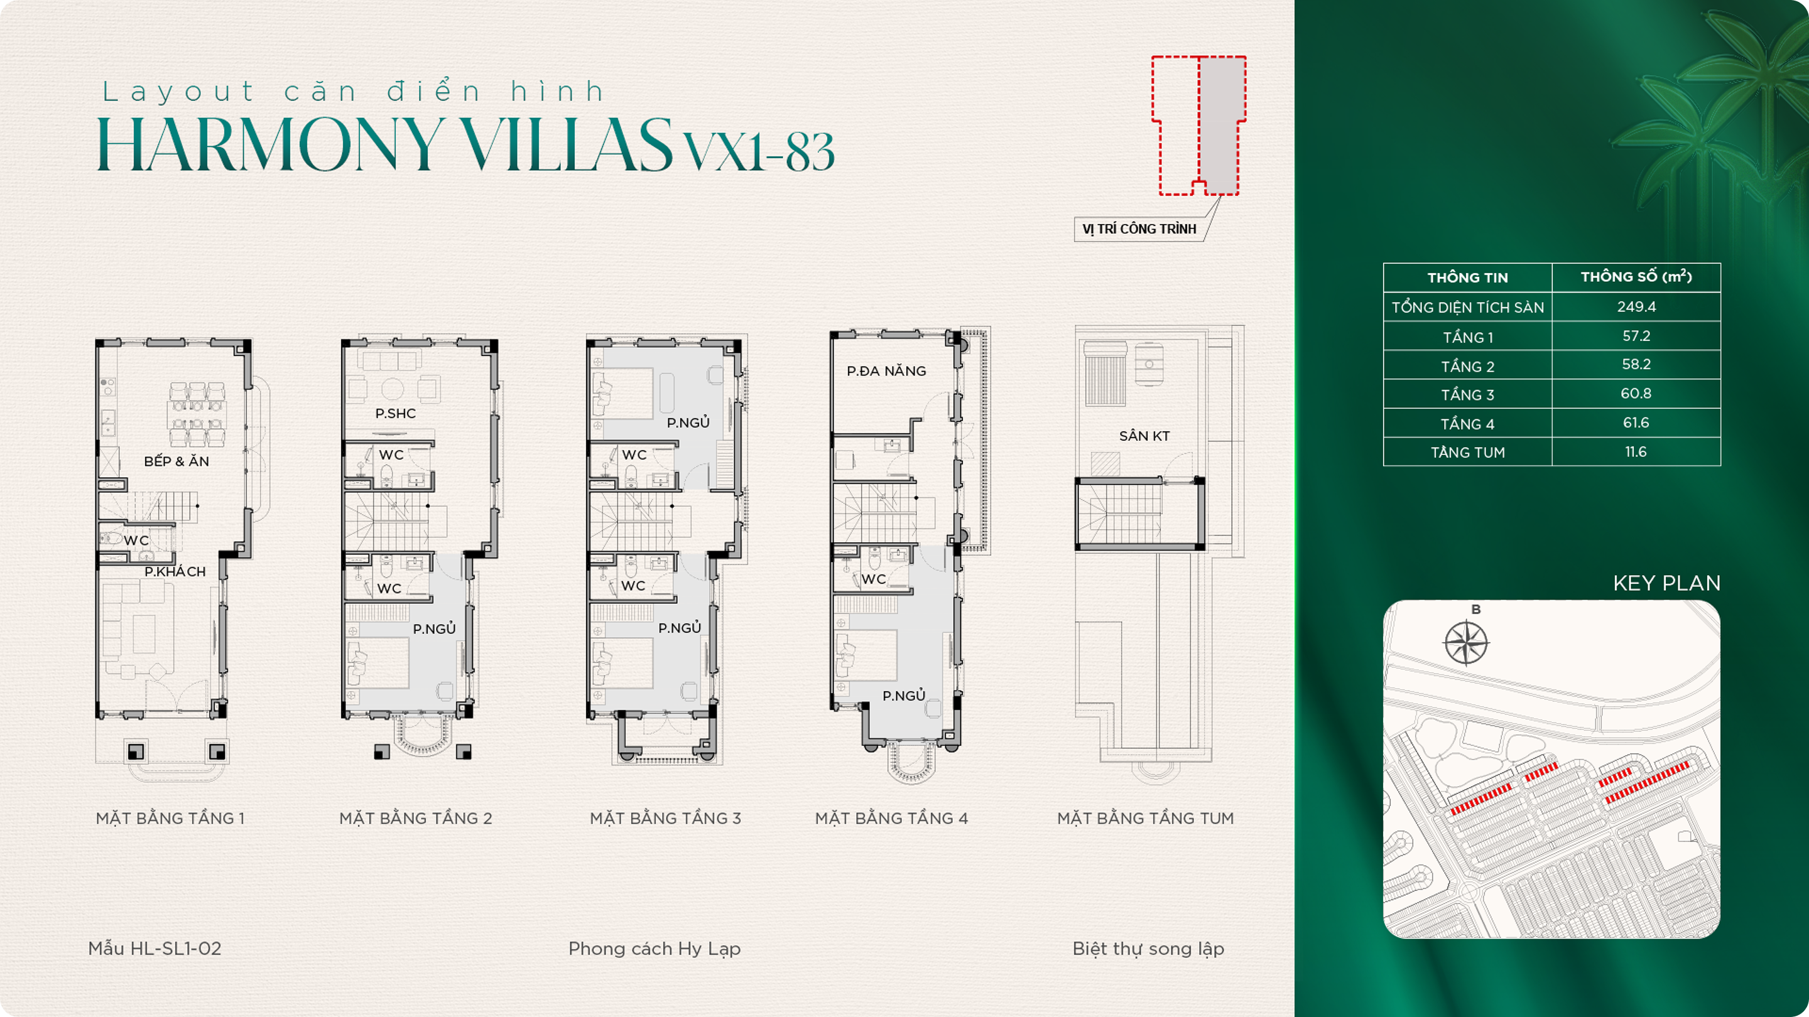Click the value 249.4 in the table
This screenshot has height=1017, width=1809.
click(x=1636, y=307)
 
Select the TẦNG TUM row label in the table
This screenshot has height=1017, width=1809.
click(x=1468, y=453)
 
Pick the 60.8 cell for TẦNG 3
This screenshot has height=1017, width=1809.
click(x=1636, y=394)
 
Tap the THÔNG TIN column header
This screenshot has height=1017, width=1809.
click(x=1468, y=277)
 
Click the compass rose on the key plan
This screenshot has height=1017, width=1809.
click(x=1466, y=643)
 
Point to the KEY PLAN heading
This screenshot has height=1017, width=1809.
click(x=1666, y=583)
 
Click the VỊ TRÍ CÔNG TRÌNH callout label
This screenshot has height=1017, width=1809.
click(x=1139, y=229)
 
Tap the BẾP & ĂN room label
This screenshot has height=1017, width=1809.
click(x=177, y=461)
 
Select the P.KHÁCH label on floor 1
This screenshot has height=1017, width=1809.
click(x=175, y=571)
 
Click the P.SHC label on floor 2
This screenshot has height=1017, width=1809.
click(x=395, y=414)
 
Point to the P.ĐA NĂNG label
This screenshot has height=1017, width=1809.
click(x=886, y=370)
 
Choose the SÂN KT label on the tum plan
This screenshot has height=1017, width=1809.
click(x=1144, y=436)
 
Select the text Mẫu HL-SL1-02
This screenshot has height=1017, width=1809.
click(x=155, y=948)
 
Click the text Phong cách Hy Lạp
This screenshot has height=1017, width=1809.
click(x=655, y=949)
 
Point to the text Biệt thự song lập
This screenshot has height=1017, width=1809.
click(x=1148, y=949)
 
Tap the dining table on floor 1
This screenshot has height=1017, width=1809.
click(x=197, y=414)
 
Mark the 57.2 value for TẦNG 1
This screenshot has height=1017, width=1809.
click(x=1636, y=336)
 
